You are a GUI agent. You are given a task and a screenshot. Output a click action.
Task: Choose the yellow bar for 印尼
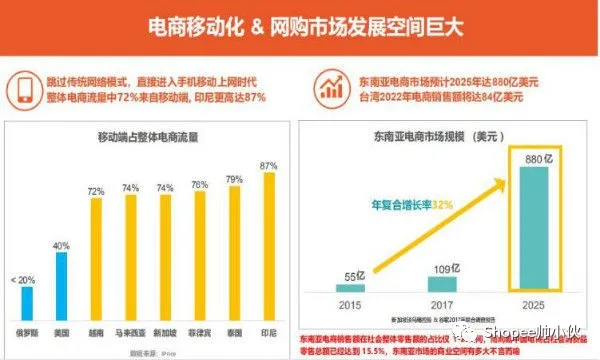click(x=268, y=244)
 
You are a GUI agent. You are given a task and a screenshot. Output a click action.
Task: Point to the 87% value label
click(x=268, y=164)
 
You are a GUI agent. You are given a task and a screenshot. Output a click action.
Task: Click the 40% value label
click(x=62, y=244)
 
